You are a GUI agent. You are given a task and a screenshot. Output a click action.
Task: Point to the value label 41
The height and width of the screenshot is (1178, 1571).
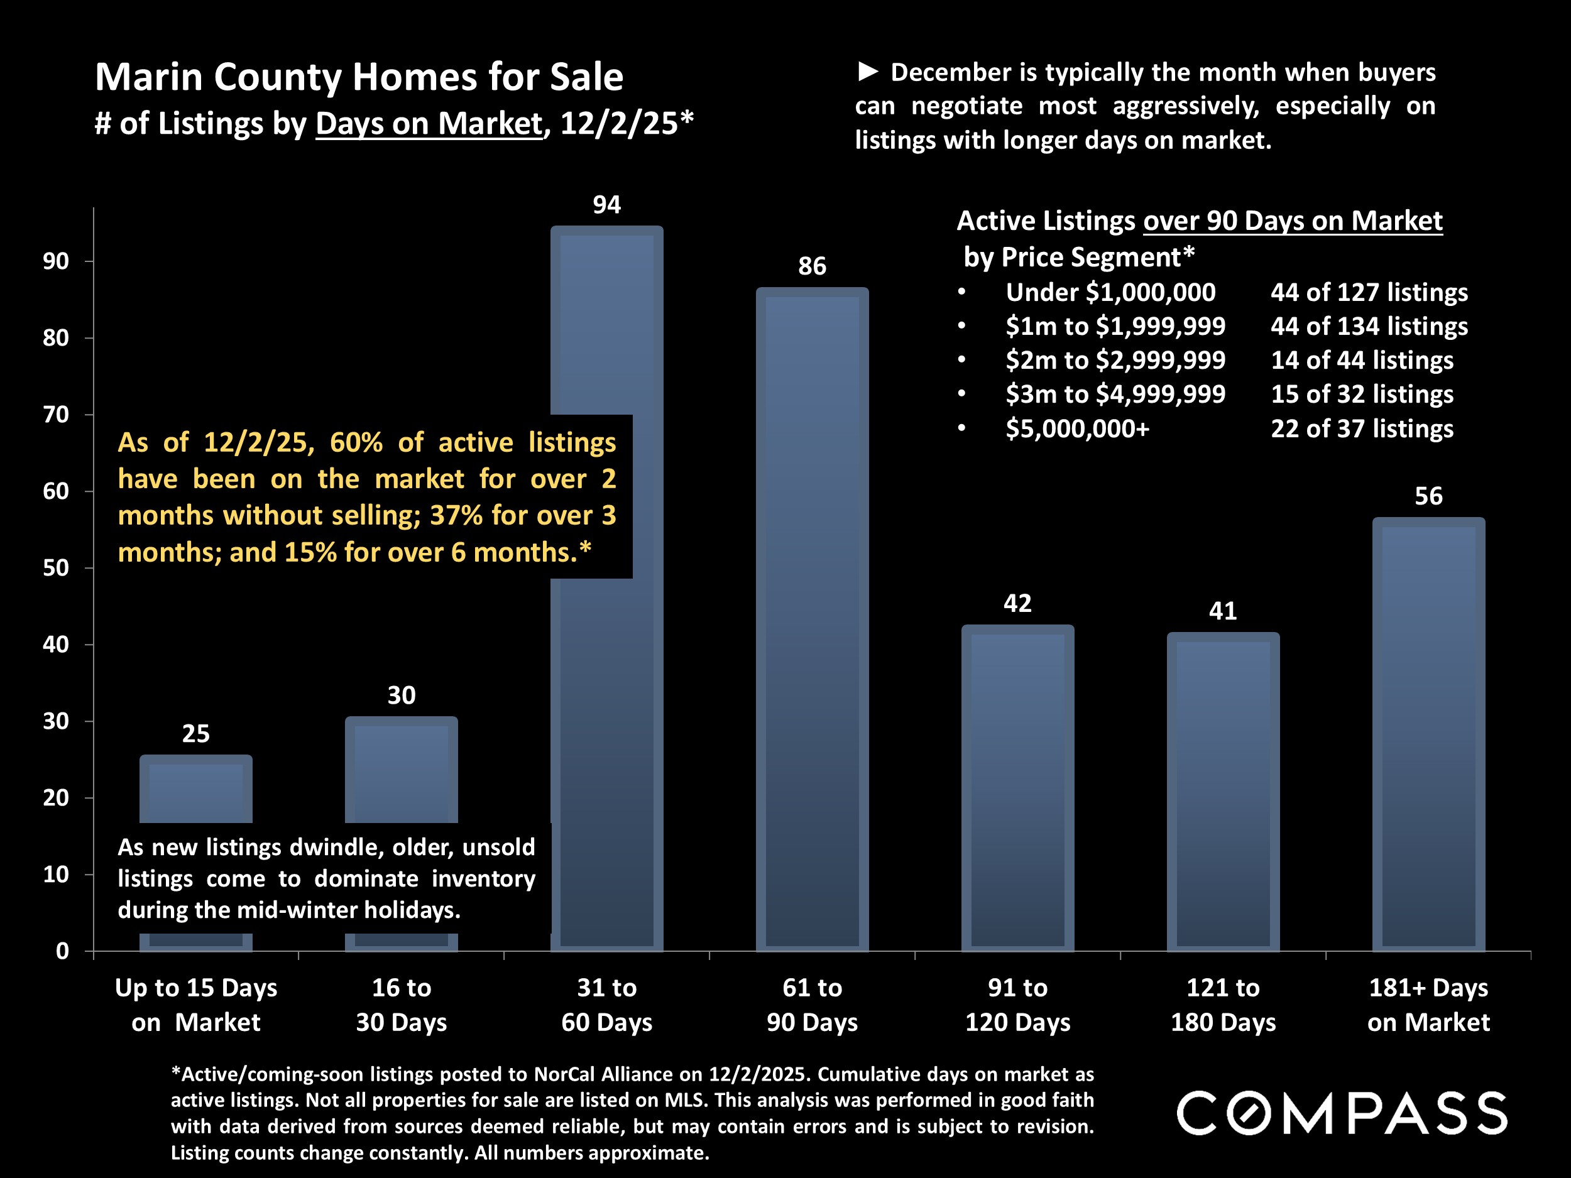[1223, 611]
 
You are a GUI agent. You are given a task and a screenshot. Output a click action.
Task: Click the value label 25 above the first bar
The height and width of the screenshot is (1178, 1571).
[196, 733]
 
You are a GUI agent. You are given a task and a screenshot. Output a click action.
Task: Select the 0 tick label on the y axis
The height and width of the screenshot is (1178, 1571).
[62, 951]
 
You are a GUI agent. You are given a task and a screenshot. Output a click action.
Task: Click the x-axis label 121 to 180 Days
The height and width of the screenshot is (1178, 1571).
[1223, 1005]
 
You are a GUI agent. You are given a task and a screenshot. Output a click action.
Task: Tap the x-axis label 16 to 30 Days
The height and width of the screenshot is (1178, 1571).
[402, 1005]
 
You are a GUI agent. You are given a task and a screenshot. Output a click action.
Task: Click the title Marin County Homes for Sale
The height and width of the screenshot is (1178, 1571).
[359, 77]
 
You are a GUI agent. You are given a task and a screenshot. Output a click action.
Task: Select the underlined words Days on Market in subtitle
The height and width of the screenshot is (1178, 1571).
[429, 124]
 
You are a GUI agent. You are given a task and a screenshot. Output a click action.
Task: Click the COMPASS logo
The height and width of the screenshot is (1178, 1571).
[1342, 1113]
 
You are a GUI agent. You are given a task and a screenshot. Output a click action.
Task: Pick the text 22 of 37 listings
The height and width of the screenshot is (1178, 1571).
[1362, 429]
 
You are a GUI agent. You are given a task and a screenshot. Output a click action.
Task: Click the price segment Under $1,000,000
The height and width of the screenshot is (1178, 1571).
[1110, 293]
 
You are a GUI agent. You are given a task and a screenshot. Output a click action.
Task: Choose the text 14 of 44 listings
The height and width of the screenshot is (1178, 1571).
[1362, 361]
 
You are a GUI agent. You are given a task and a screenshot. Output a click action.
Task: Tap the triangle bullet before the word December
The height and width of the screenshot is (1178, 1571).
[868, 71]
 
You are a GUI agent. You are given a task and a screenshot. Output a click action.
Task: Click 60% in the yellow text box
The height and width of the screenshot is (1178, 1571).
[356, 442]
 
